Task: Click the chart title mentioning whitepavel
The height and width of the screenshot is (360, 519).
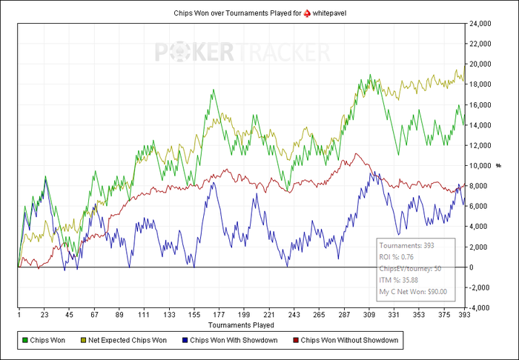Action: click(x=259, y=13)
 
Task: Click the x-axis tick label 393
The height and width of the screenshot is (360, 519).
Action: click(x=463, y=314)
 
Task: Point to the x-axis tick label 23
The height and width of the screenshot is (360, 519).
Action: click(x=44, y=314)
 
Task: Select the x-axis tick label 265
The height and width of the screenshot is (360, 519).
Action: click(x=320, y=314)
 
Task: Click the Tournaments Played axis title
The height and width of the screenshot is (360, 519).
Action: click(x=241, y=324)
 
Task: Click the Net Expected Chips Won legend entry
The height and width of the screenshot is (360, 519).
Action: click(x=128, y=341)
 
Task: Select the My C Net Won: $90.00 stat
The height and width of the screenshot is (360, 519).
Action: click(x=413, y=292)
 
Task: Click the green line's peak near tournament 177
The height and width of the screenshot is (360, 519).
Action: click(x=214, y=90)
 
